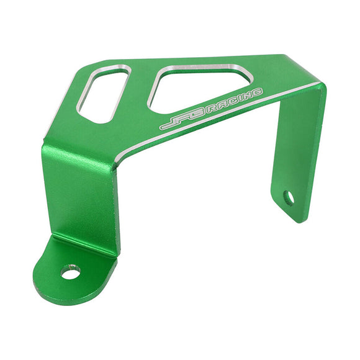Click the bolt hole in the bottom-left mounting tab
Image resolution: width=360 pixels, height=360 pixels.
(71, 272)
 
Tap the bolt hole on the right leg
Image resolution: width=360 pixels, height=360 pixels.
(289, 198)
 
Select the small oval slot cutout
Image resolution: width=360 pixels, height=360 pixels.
(104, 94)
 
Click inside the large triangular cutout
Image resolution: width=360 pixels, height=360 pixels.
(195, 88)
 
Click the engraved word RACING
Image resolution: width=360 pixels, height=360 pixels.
(233, 101)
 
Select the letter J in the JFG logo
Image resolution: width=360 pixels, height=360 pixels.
(169, 123)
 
